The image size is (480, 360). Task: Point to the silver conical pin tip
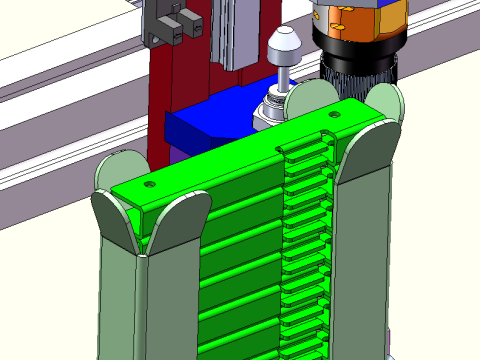pos(285,44)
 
